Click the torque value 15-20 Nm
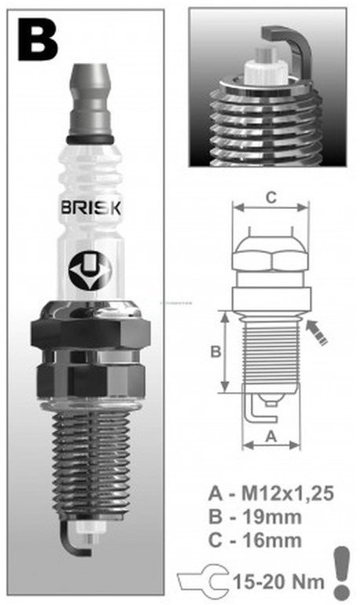[x=272, y=582]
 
